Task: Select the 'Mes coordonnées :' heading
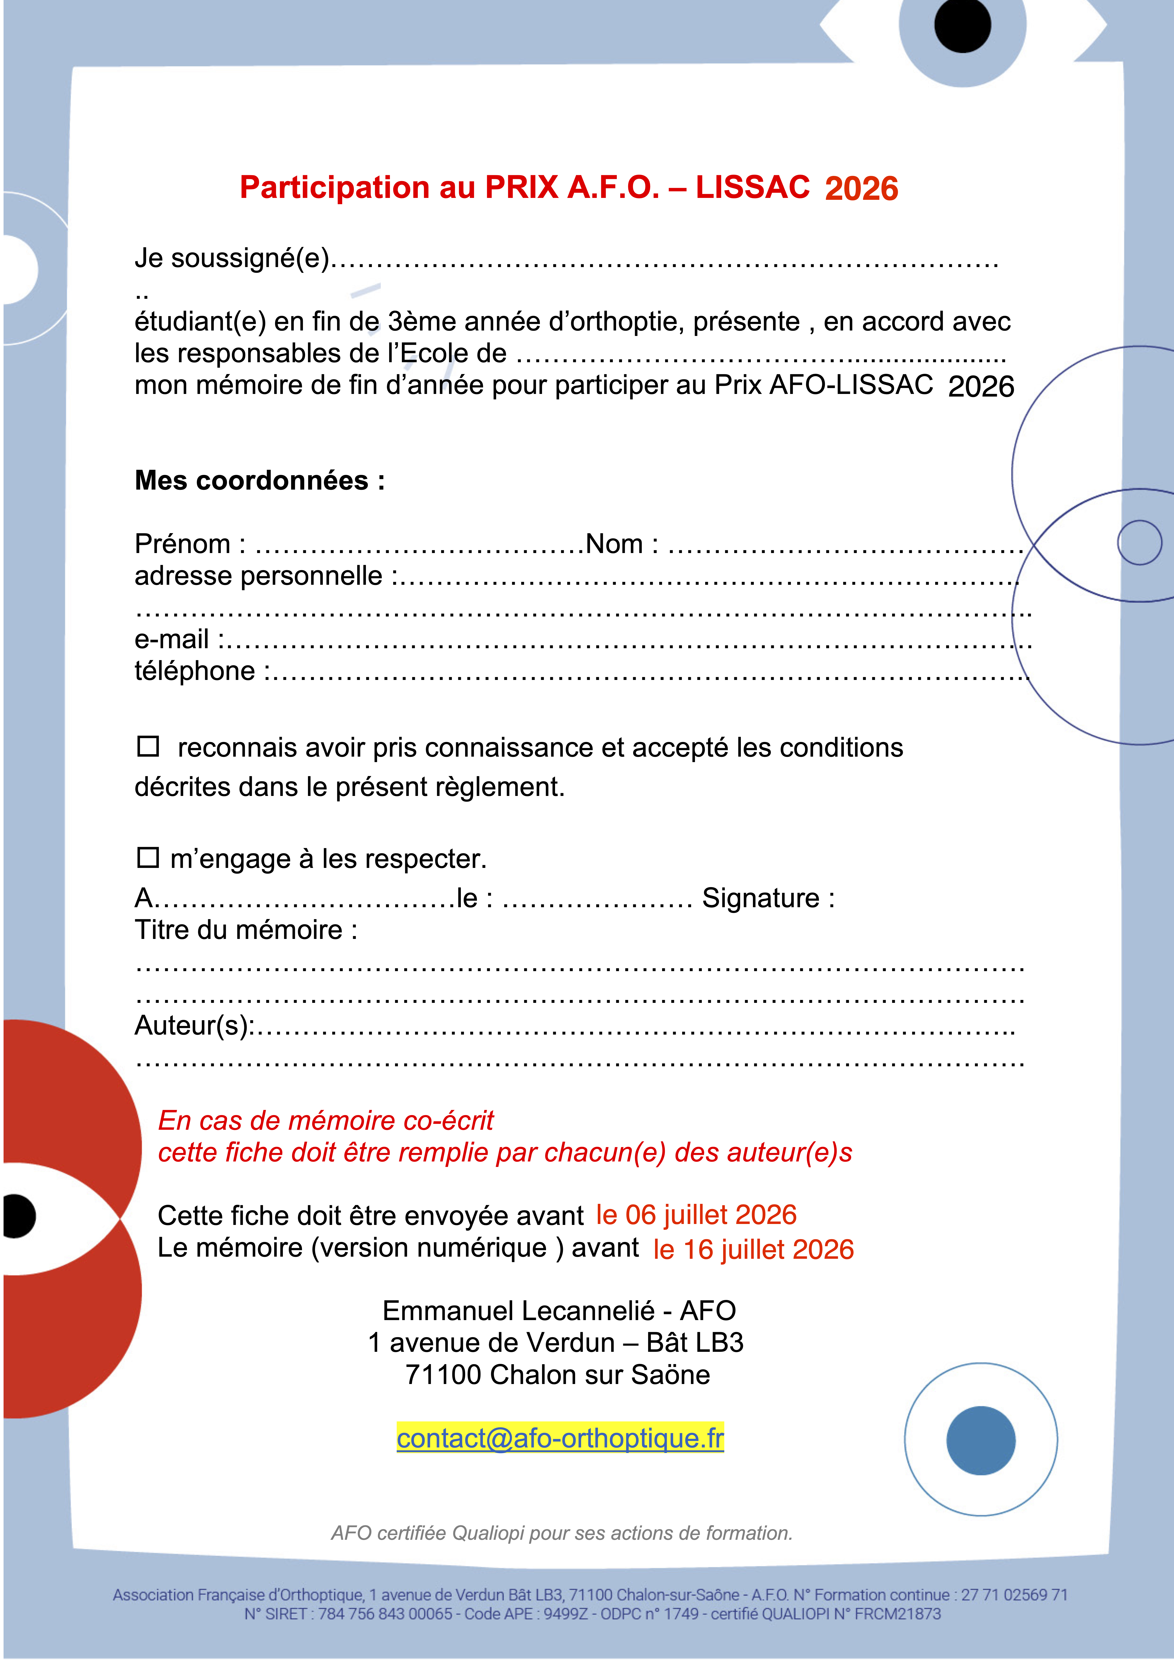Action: [x=260, y=480]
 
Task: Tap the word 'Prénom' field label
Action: [x=182, y=544]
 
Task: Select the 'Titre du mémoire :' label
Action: [x=246, y=930]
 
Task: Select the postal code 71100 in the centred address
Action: [x=443, y=1375]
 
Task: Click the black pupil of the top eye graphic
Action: [x=962, y=25]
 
